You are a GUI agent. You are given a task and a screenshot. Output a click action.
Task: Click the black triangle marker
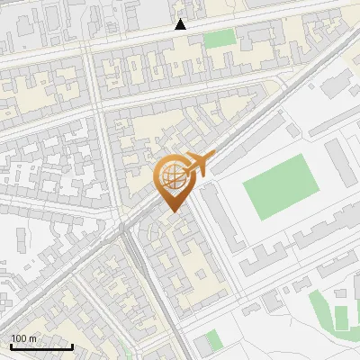181,24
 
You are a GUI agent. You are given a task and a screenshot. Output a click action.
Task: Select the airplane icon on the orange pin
199,163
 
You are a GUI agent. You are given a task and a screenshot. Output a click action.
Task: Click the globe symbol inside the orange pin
171,176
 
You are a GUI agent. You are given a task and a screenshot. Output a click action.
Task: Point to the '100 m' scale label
23,338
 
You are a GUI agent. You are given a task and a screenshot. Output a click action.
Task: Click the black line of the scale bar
40,346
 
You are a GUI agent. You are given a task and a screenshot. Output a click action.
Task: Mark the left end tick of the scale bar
10,345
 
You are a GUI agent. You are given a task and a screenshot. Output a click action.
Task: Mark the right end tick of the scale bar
72,345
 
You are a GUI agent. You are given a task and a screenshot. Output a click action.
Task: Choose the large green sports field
283,187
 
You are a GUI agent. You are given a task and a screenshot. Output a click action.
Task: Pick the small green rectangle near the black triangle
219,39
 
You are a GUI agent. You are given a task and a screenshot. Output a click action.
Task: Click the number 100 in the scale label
20,338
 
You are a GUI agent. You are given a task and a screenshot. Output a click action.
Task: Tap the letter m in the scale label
33,338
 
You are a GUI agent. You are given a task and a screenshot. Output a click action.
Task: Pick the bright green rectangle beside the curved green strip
341,317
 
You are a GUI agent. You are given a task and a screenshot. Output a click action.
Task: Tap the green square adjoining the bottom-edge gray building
212,339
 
